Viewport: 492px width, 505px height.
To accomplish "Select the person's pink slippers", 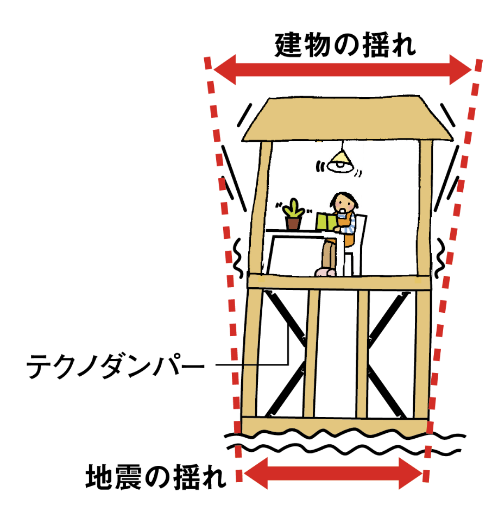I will coord(325,271).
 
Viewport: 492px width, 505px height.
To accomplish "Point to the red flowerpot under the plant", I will coord(293,223).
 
